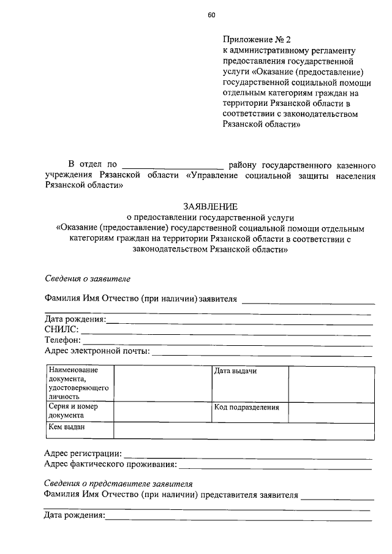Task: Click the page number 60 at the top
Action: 211,14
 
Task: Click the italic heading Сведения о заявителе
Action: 88,278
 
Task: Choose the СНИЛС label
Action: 61,330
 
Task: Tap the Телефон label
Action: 62,340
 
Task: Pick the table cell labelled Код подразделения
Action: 246,407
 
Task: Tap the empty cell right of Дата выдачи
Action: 331,384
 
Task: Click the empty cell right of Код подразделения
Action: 331,412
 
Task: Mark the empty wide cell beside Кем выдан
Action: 244,430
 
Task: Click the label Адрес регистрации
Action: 83,454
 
